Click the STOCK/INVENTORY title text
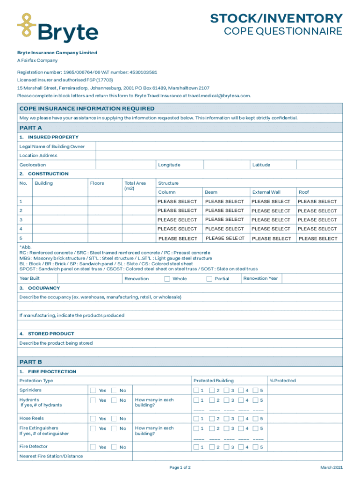[x=276, y=19]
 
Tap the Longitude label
[x=169, y=165]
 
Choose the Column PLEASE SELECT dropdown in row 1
[x=177, y=202]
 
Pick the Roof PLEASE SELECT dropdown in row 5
[x=317, y=239]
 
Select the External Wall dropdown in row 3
[x=271, y=220]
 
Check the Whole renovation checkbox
[x=167, y=279]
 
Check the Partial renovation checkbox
[x=209, y=279]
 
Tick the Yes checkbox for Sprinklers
[x=93, y=391]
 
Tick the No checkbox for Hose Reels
[x=114, y=419]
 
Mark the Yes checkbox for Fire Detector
[x=93, y=447]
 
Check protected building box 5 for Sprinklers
[x=255, y=391]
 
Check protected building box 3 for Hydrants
[x=226, y=400]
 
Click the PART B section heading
[x=31, y=362]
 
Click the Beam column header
[x=211, y=192]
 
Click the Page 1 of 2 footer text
[x=180, y=467]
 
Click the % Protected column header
[x=282, y=381]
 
